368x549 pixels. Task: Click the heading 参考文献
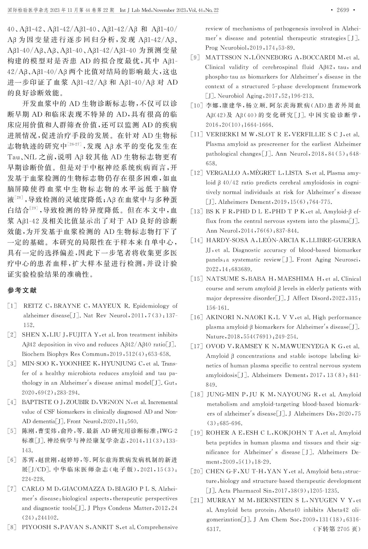click(x=22, y=290)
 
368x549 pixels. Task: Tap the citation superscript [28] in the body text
click(x=19, y=197)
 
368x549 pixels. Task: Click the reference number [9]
click(x=195, y=58)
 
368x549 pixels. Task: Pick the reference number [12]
click(x=197, y=173)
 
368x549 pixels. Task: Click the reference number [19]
click(x=197, y=433)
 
